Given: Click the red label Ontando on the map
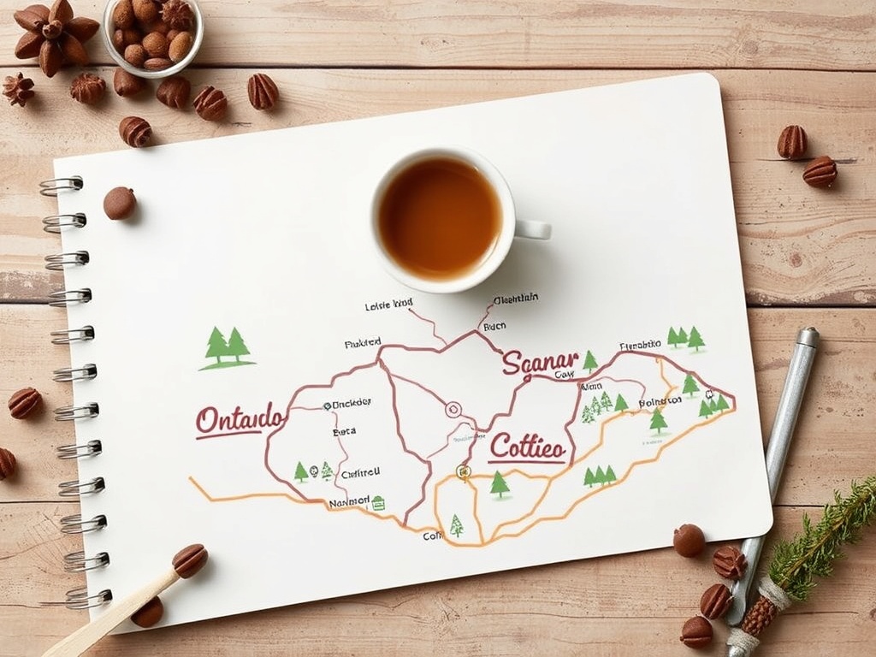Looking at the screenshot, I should click(240, 419).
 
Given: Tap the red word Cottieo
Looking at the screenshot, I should click(527, 447).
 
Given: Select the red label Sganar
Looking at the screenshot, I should click(540, 362).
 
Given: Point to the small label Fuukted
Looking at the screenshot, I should click(363, 343).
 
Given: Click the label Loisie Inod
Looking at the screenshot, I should click(388, 304).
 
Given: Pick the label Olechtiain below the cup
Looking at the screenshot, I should click(516, 299).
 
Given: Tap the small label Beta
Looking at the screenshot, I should click(344, 432).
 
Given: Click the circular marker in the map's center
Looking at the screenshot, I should click(453, 409).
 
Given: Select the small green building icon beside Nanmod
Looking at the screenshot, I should click(378, 502).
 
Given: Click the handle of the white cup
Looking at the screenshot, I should click(533, 229).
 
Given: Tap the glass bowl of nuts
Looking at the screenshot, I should click(153, 35).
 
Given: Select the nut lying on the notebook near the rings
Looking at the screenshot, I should click(120, 203).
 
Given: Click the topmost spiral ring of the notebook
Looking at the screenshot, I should click(62, 186).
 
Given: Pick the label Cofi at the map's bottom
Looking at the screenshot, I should click(433, 536).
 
